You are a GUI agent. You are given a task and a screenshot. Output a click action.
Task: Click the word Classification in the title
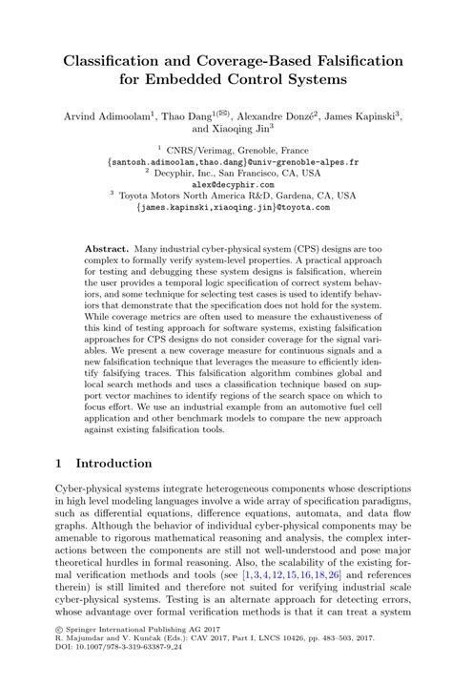click(x=111, y=61)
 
